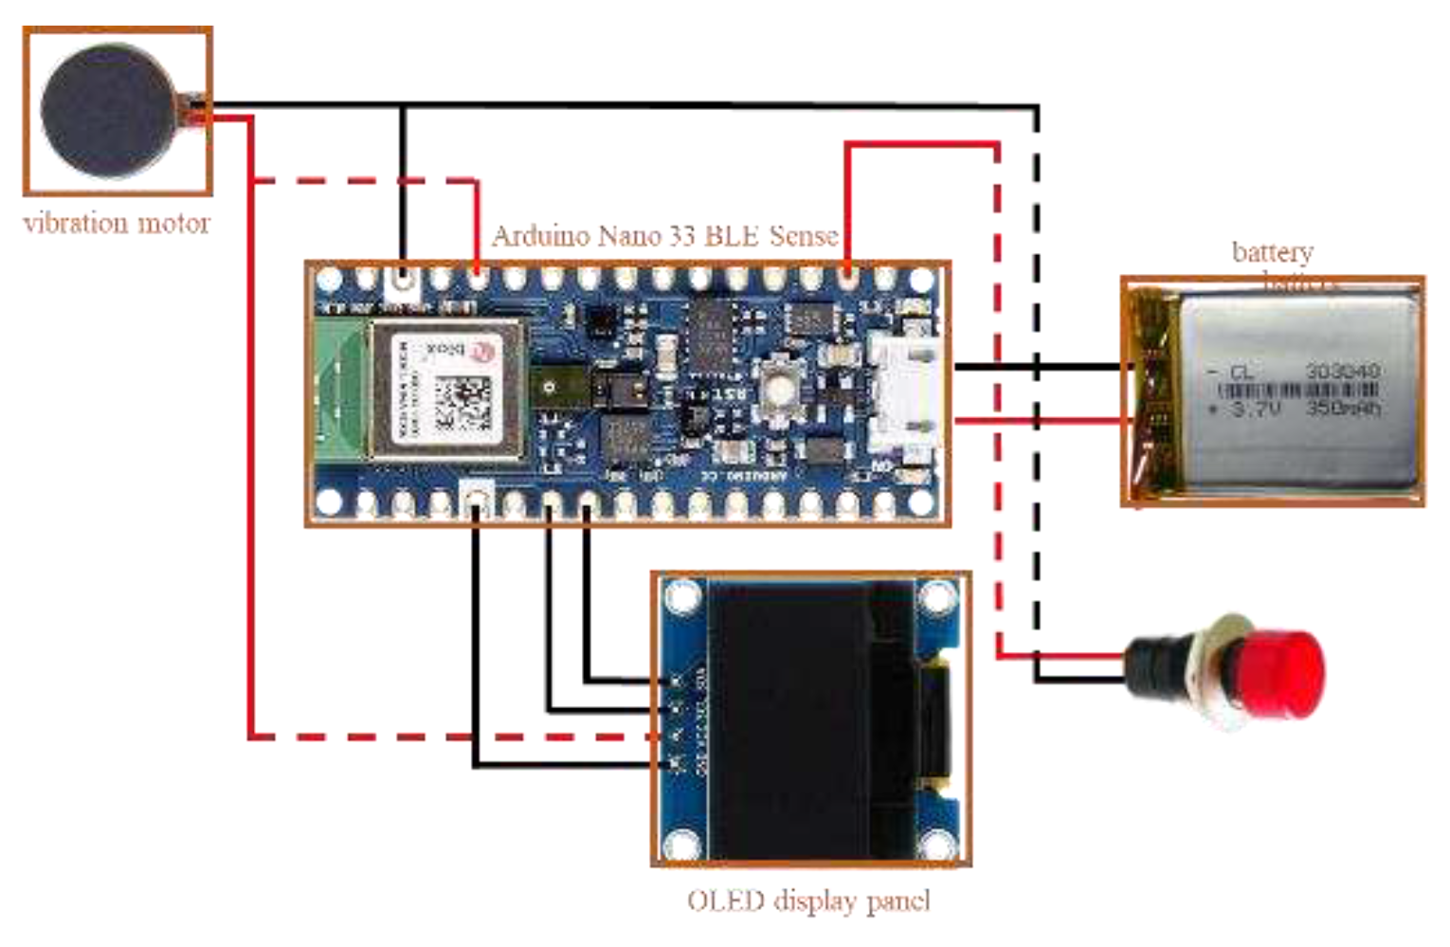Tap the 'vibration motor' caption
(x=116, y=224)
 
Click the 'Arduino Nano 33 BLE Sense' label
(x=665, y=235)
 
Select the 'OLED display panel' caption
(x=808, y=900)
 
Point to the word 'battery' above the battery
(x=1272, y=251)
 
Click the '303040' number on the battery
(x=1342, y=371)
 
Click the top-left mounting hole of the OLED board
(x=682, y=598)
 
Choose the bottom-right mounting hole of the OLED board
(x=936, y=841)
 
